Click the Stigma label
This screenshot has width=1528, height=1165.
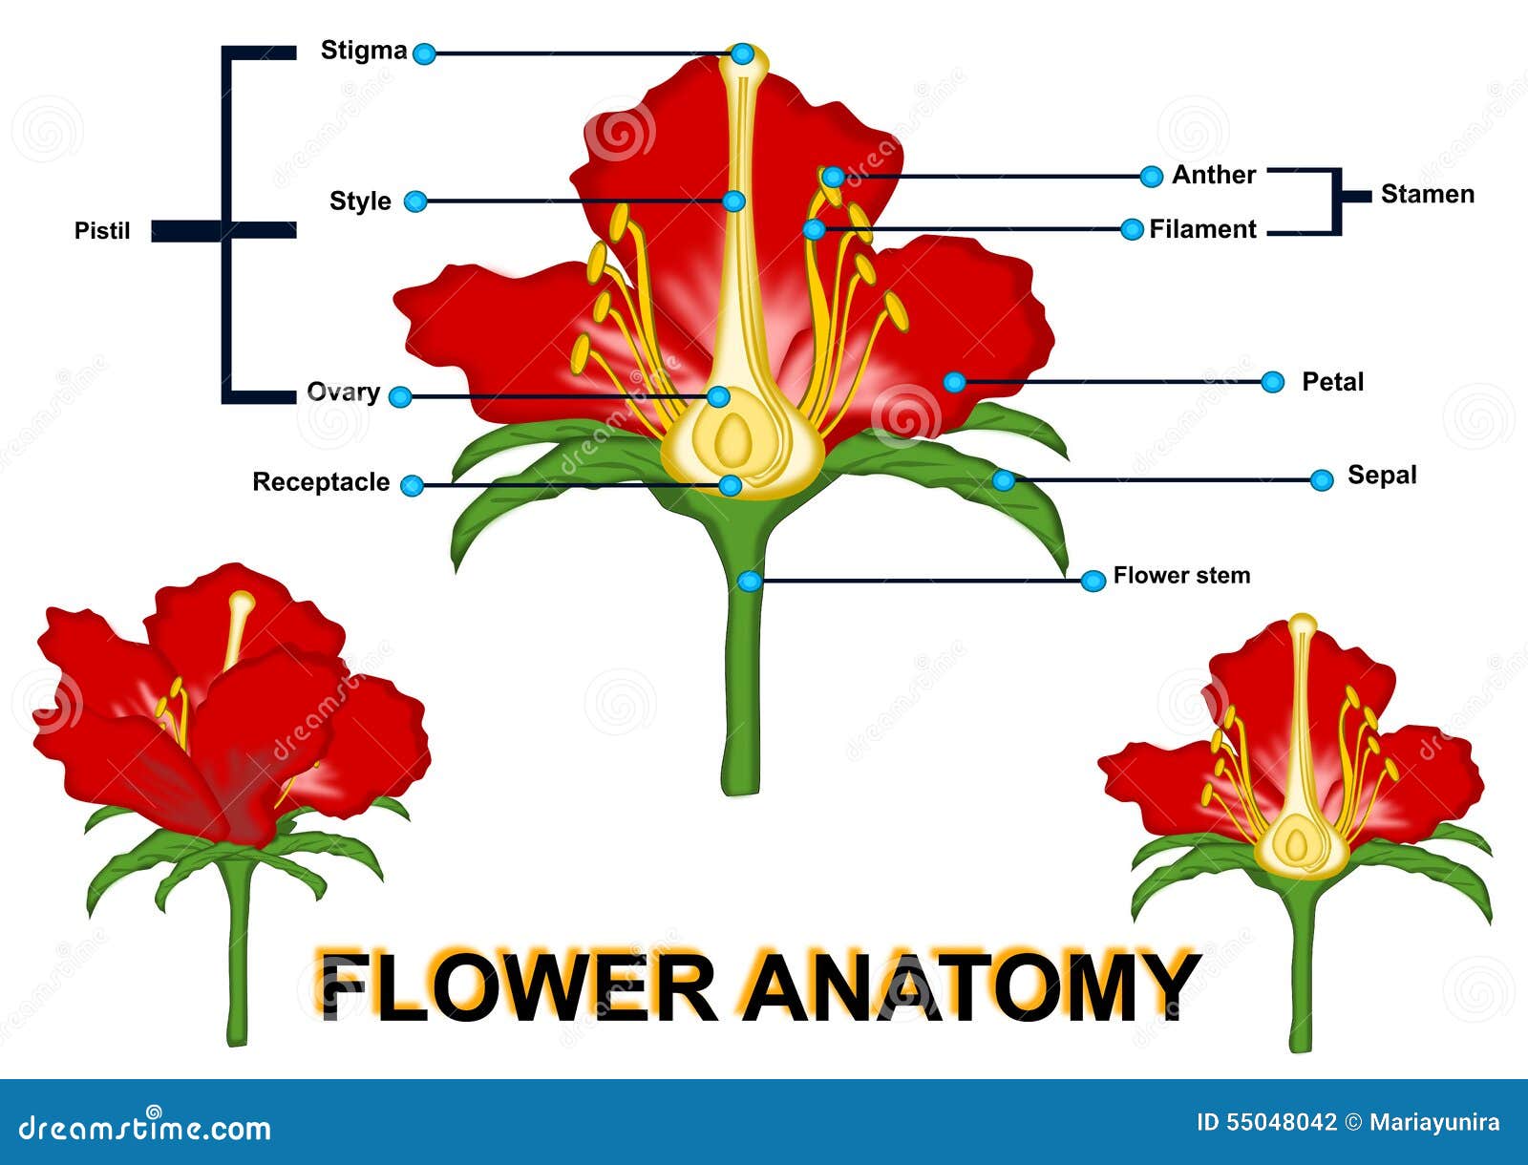pyautogui.click(x=363, y=51)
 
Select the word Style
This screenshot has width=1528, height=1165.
pyautogui.click(x=360, y=201)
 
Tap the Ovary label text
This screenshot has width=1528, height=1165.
pyautogui.click(x=343, y=392)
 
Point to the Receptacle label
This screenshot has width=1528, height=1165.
pyautogui.click(x=321, y=482)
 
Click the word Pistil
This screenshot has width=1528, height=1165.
pyautogui.click(x=102, y=231)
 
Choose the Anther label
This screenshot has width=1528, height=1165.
pyautogui.click(x=1214, y=175)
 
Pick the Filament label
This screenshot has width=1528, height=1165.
pyautogui.click(x=1202, y=229)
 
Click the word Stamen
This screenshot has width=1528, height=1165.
pyautogui.click(x=1428, y=195)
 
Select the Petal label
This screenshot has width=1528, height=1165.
pyautogui.click(x=1332, y=382)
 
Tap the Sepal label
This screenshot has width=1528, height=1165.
pyautogui.click(x=1382, y=476)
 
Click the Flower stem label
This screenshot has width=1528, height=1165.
pyautogui.click(x=1181, y=576)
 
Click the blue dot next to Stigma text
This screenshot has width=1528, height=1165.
pyautogui.click(x=424, y=53)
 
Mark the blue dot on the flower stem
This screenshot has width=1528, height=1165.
pyautogui.click(x=751, y=581)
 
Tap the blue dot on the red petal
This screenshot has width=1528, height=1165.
pyautogui.click(x=954, y=382)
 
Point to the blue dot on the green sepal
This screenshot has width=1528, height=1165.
pyautogui.click(x=1003, y=479)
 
